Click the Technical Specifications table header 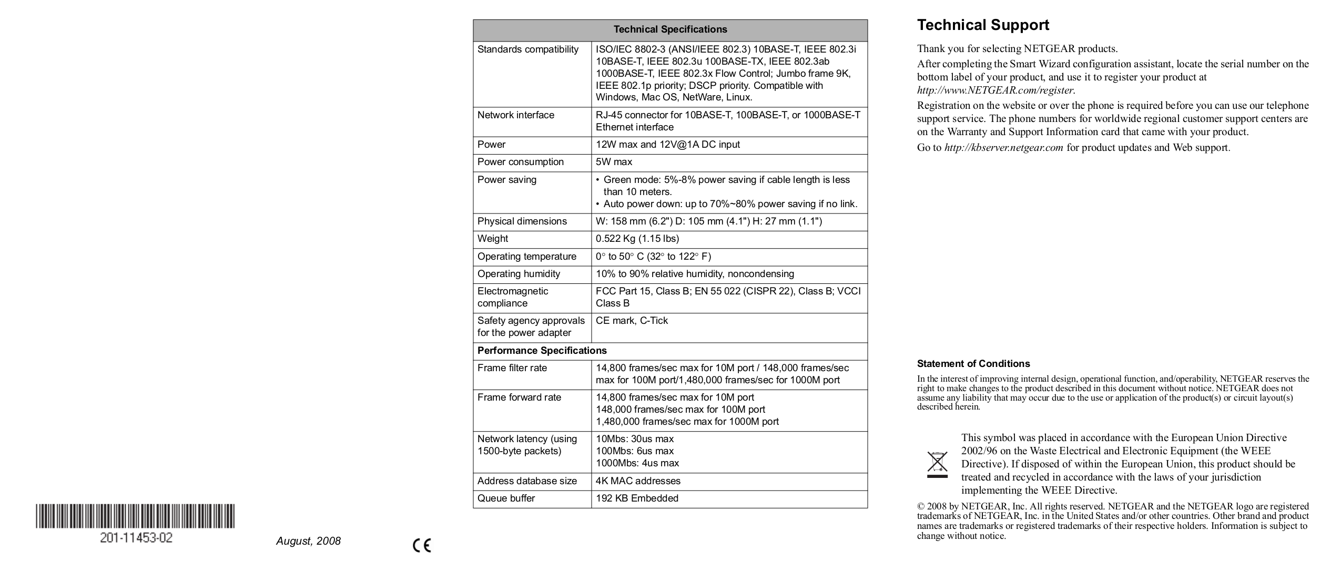click(x=670, y=29)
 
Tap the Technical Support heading click(x=982, y=25)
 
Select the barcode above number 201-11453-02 click(x=135, y=516)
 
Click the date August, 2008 click(x=308, y=541)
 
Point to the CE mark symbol click(x=422, y=546)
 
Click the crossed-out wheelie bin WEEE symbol click(x=937, y=464)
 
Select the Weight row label click(x=492, y=239)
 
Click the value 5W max click(x=614, y=162)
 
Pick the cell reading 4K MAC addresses click(x=637, y=481)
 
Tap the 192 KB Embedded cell click(x=636, y=498)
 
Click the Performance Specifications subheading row click(x=542, y=351)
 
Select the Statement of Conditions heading click(x=973, y=364)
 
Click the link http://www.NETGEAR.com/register click(x=995, y=90)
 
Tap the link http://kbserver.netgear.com click(x=1003, y=148)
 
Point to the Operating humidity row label click(x=519, y=274)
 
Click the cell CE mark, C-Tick click(x=631, y=321)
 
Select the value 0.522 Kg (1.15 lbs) click(x=637, y=239)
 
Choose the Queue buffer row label click(x=506, y=498)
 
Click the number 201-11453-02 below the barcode click(x=136, y=538)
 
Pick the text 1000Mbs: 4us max click(x=637, y=463)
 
